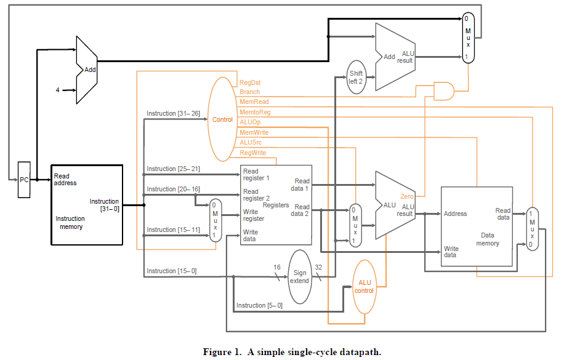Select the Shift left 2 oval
(x=356, y=78)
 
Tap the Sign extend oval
(x=300, y=276)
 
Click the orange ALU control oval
(x=365, y=286)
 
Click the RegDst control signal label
(x=249, y=82)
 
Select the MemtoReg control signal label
(x=254, y=112)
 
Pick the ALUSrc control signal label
(x=250, y=142)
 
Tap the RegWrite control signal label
(x=252, y=153)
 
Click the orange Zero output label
(x=406, y=196)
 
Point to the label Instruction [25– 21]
(x=173, y=169)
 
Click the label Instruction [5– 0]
(x=259, y=305)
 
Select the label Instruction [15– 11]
(x=173, y=230)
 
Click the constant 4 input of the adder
(x=57, y=90)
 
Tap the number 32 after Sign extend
(x=318, y=268)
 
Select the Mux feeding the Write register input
(x=214, y=220)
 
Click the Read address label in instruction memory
(x=65, y=180)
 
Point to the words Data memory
(x=488, y=239)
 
